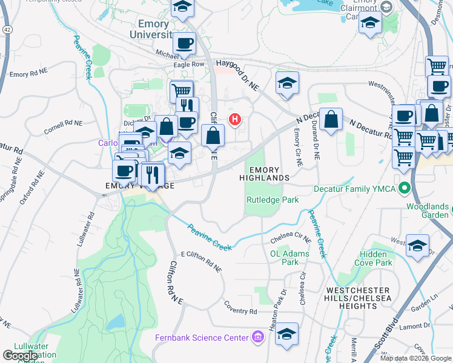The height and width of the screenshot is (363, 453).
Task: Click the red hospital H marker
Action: [234, 119]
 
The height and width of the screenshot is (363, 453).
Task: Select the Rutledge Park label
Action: [272, 200]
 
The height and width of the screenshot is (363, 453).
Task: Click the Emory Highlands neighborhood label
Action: [264, 174]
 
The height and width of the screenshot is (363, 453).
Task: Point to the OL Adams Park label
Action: [289, 258]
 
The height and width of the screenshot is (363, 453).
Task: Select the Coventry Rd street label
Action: [240, 311]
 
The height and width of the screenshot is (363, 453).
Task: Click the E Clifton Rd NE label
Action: [202, 261]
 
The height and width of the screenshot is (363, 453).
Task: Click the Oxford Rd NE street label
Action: [31, 187]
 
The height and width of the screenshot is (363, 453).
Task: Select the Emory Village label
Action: [131, 186]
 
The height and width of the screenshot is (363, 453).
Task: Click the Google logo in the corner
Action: [21, 356]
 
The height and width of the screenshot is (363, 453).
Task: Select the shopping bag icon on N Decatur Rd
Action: [332, 120]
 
